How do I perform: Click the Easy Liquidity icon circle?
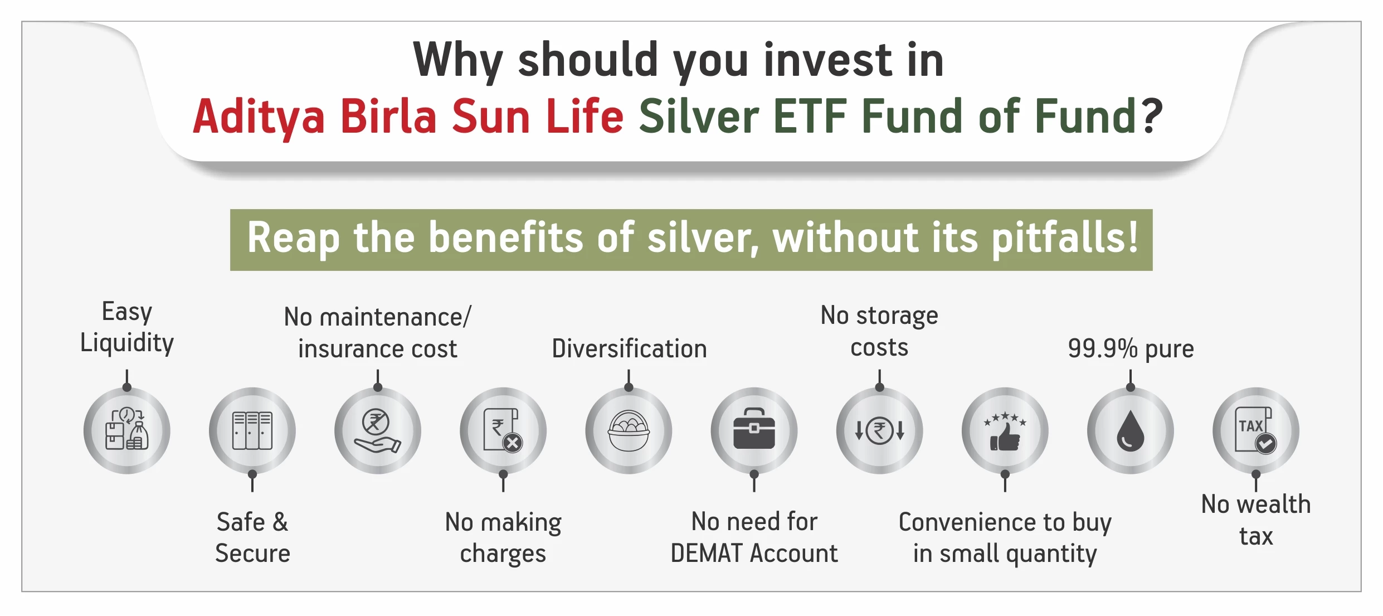(127, 430)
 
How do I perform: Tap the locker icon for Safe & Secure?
(252, 430)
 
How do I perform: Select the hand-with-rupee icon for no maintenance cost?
(378, 430)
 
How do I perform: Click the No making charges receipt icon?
(503, 430)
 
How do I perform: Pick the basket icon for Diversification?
(629, 430)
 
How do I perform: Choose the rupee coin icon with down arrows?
(880, 430)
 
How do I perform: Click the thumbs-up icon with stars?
(1005, 430)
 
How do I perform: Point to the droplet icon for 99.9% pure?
(1131, 430)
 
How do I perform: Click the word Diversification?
(629, 348)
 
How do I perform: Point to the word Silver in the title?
(699, 117)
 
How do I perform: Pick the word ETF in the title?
(810, 117)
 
